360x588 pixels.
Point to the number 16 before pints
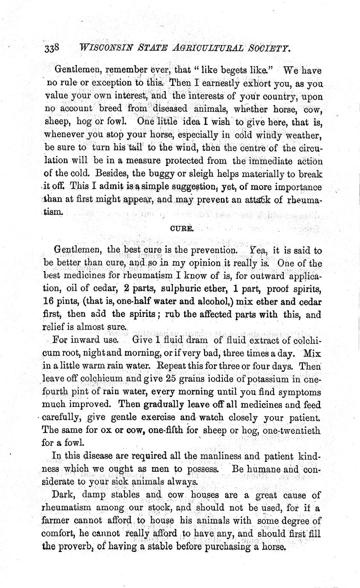pyautogui.click(x=49, y=302)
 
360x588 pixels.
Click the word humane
pyautogui.click(x=265, y=469)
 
